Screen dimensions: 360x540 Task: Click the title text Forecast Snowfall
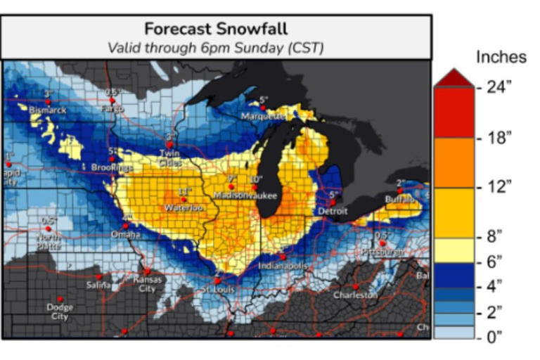(x=216, y=29)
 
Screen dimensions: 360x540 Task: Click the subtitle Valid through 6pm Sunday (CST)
(x=216, y=48)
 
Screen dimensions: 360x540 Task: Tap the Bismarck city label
(x=48, y=110)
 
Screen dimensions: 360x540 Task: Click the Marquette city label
(x=261, y=116)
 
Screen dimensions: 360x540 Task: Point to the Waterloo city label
(x=184, y=208)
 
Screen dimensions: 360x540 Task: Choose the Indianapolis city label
(x=283, y=266)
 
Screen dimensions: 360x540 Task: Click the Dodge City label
(x=60, y=311)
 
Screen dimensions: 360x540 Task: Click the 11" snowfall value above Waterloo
(x=185, y=191)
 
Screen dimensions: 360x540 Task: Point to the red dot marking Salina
(x=99, y=276)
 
